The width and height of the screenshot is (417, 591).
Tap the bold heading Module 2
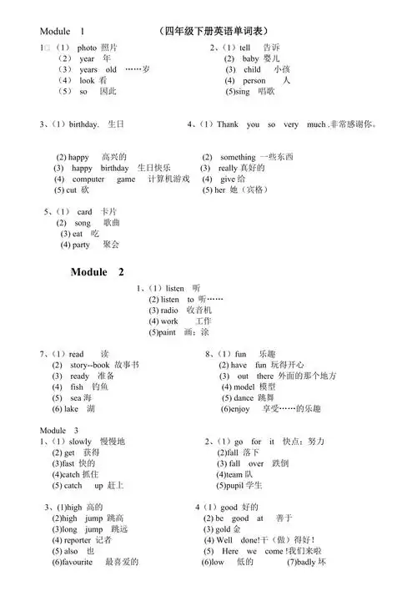(98, 272)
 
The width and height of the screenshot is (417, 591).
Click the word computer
(88, 179)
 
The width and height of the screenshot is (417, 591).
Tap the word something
(238, 157)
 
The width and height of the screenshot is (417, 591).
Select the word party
(81, 245)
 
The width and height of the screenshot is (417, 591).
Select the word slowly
(80, 442)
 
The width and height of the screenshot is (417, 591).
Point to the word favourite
(81, 563)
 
